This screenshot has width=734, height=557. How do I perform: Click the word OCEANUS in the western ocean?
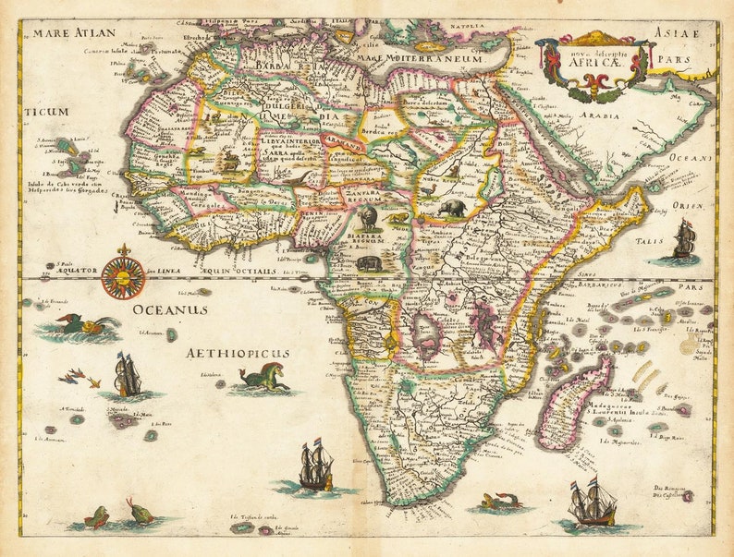168,310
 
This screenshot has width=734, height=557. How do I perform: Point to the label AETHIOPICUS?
238,353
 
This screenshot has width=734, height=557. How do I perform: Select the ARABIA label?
599,117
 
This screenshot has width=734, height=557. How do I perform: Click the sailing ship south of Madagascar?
591,502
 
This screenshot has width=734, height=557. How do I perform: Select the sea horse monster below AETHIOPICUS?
264,378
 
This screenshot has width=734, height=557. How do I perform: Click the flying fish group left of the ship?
78,376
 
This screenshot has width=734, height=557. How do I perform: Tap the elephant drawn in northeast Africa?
453,208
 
